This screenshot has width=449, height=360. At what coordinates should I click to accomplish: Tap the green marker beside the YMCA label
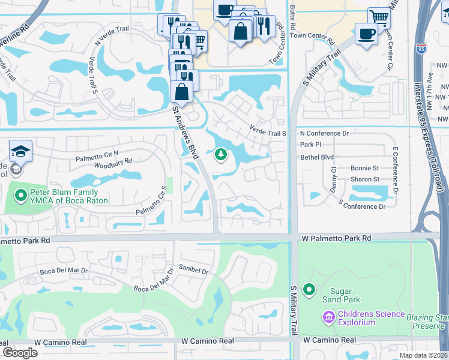tap(21, 195)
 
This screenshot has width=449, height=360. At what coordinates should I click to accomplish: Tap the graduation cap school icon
tap(20, 152)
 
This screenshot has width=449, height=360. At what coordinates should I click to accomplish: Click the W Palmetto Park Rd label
tap(336, 238)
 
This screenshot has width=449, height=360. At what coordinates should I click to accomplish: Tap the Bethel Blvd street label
tap(316, 157)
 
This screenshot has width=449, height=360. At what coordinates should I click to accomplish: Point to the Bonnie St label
tap(365, 169)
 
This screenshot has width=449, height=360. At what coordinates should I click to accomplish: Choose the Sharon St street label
tap(365, 179)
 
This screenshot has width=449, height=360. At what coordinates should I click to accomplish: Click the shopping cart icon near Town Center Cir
tap(379, 16)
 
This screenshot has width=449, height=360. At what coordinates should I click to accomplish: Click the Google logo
tap(20, 353)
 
